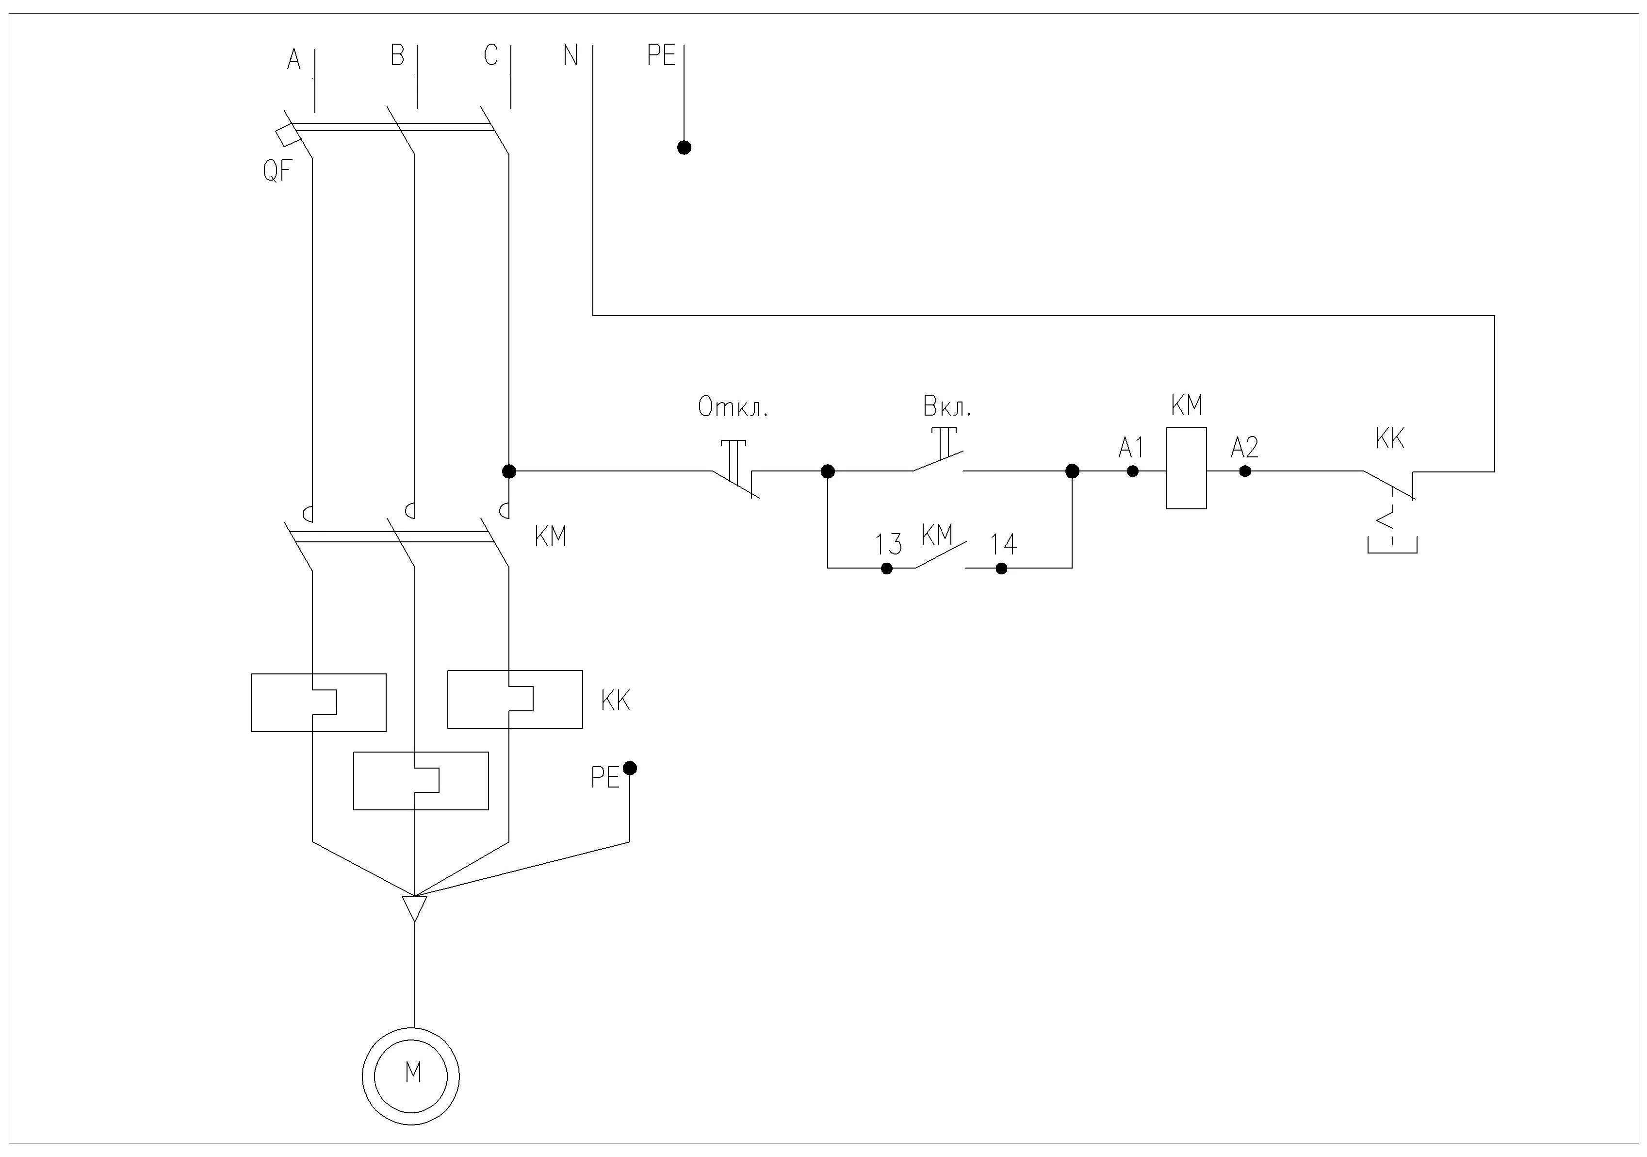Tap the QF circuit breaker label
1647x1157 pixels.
point(277,171)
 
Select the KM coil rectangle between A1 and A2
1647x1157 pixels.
point(1186,469)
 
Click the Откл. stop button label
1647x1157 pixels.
point(733,408)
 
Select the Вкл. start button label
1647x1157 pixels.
point(947,408)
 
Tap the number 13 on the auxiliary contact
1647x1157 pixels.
point(888,545)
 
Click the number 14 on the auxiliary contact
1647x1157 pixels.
point(1004,545)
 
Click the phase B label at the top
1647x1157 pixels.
point(397,55)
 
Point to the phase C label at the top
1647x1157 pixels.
point(490,55)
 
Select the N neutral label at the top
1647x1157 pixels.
point(571,55)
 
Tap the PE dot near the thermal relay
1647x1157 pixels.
point(630,769)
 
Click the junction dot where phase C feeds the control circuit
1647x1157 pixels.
point(508,471)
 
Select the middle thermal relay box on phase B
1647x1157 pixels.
point(421,781)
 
